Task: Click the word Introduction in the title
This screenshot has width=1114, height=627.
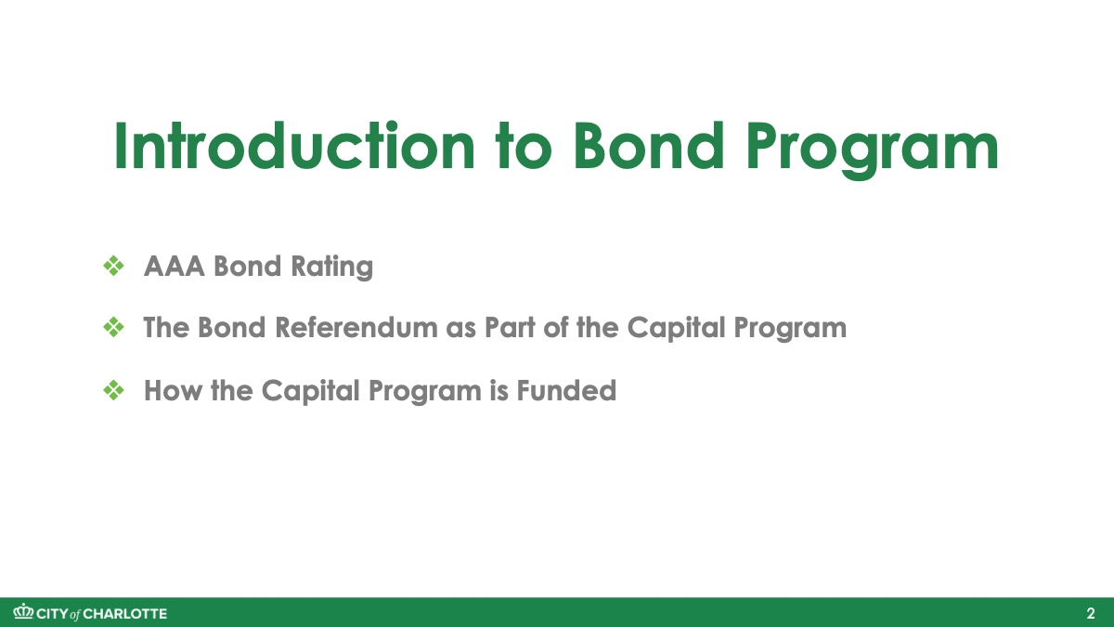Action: click(x=294, y=147)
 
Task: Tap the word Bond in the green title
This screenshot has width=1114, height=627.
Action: click(x=648, y=147)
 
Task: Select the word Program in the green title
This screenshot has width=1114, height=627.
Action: click(x=873, y=150)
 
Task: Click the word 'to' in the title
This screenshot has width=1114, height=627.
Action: click(x=524, y=147)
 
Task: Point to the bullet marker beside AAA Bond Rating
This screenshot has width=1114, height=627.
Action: click(x=114, y=267)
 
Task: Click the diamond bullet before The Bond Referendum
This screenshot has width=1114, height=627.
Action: click(x=114, y=327)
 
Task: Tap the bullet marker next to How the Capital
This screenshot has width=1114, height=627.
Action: click(x=114, y=390)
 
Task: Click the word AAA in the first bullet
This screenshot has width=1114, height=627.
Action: click(x=175, y=266)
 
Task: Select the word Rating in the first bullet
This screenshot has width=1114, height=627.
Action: click(x=331, y=267)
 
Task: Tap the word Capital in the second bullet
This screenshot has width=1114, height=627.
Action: click(x=676, y=329)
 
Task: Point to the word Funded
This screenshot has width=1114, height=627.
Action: click(x=566, y=390)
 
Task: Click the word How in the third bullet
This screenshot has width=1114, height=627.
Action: click(x=173, y=390)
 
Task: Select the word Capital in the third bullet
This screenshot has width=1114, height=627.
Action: click(x=310, y=392)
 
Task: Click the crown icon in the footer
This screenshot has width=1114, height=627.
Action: click(x=23, y=611)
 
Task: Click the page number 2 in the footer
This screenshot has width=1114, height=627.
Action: click(x=1090, y=614)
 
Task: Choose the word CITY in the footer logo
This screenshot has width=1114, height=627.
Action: click(x=53, y=614)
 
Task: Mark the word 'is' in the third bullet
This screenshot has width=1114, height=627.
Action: click(x=499, y=390)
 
